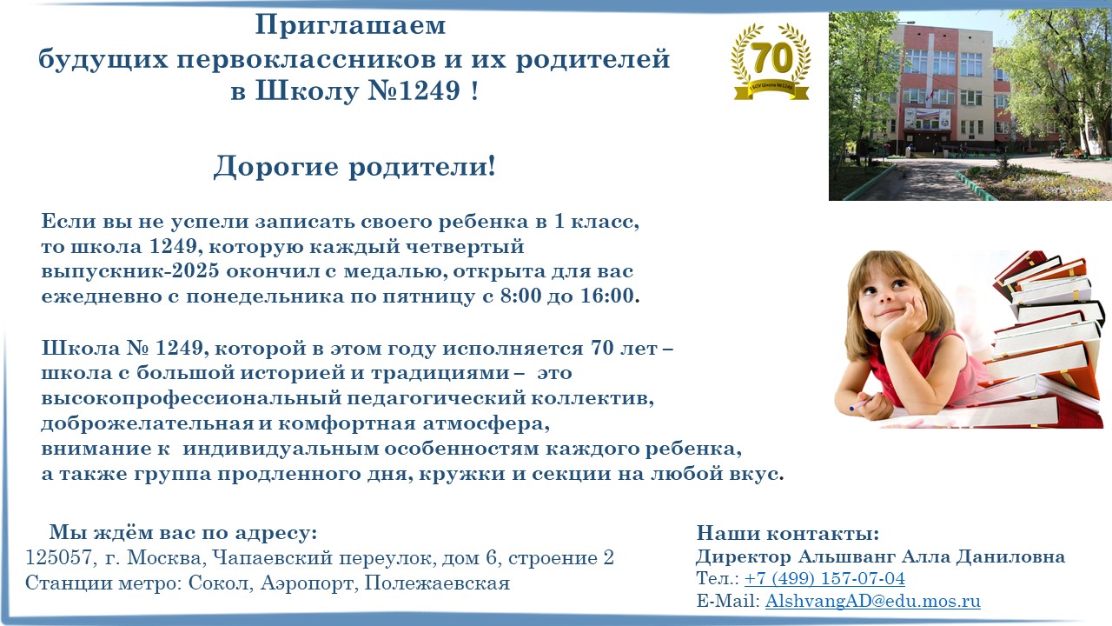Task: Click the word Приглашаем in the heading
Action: pyautogui.click(x=350, y=26)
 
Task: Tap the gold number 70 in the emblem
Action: pyautogui.click(x=771, y=57)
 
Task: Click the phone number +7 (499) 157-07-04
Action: pyautogui.click(x=824, y=579)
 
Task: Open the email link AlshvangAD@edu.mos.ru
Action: pyautogui.click(x=873, y=601)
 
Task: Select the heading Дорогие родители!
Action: pyautogui.click(x=354, y=166)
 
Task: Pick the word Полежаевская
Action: pyautogui.click(x=437, y=583)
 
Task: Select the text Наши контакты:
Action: pyautogui.click(x=788, y=533)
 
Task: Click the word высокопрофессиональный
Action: pyautogui.click(x=192, y=398)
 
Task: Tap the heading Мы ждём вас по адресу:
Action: pyautogui.click(x=183, y=533)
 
